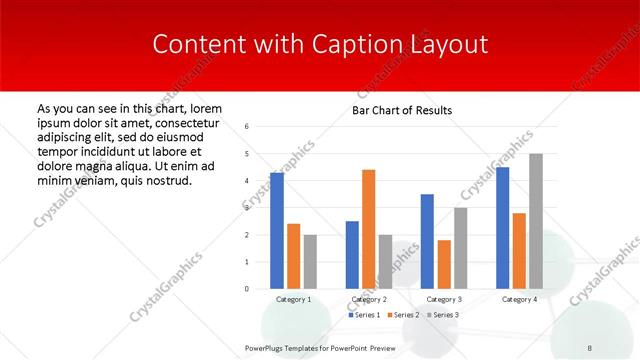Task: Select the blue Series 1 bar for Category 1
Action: [x=277, y=230]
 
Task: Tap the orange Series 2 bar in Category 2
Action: [x=369, y=229]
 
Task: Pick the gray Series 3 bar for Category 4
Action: [x=536, y=221]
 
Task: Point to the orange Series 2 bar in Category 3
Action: [x=445, y=264]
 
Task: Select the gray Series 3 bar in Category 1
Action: [x=311, y=262]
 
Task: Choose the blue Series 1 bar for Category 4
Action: [x=503, y=228]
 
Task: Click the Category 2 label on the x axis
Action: [x=370, y=299]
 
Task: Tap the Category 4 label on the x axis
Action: [x=519, y=299]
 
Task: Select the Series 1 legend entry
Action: [x=366, y=315]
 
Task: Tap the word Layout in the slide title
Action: [x=449, y=45]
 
